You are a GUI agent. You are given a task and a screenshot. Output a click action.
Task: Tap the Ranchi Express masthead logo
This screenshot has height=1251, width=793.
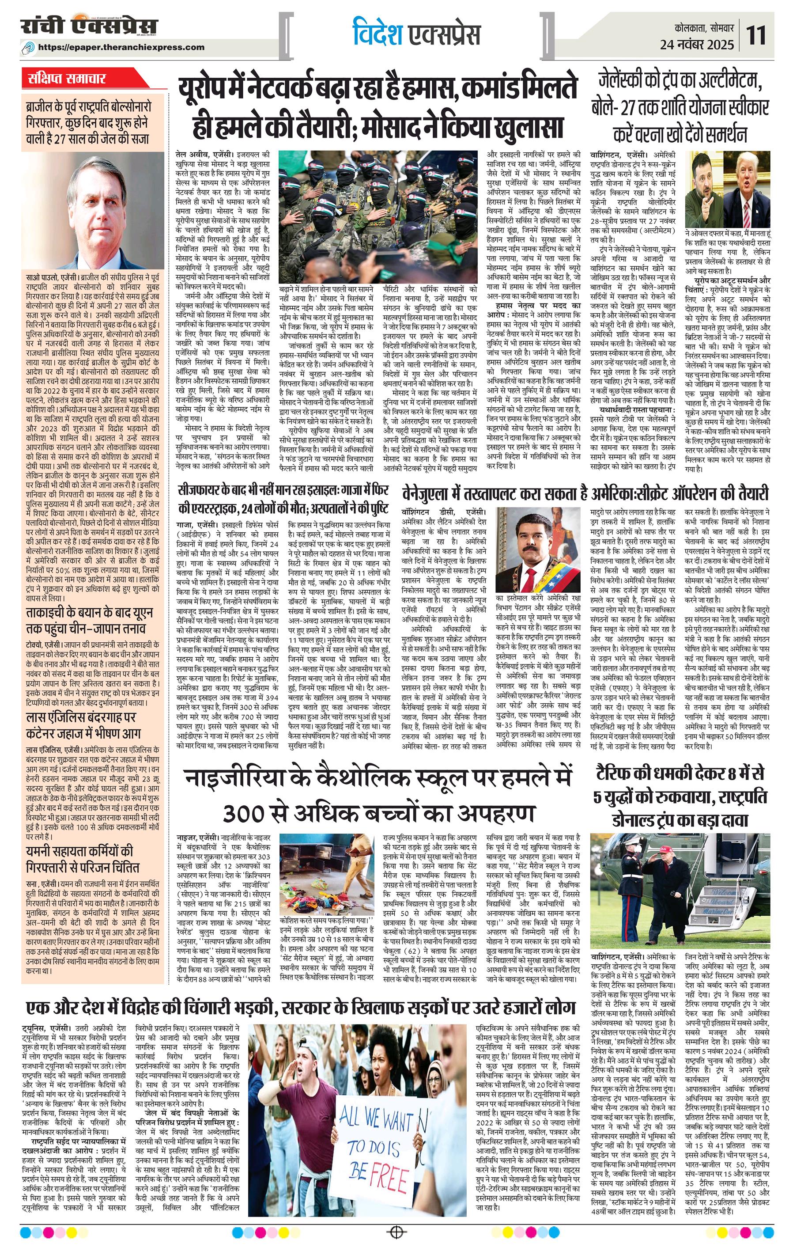pyautogui.click(x=89, y=26)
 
